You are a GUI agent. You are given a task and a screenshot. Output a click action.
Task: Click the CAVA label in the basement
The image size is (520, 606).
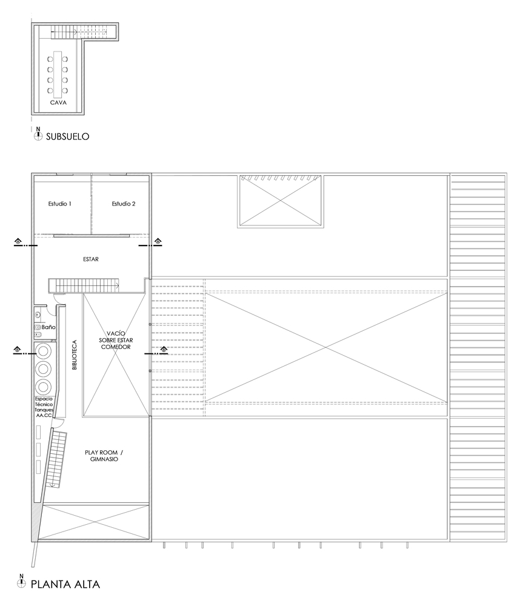coord(59,103)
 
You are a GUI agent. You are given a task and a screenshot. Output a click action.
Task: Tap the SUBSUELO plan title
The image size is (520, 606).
coord(67,137)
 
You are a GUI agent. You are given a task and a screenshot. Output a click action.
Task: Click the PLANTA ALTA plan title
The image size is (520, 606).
coord(65,585)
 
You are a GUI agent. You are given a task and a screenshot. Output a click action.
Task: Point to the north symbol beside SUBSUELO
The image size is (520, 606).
coord(38,136)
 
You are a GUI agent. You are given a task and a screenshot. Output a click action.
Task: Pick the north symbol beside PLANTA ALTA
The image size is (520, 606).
coord(22,584)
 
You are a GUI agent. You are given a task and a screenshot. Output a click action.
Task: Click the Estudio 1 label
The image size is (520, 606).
coord(60,204)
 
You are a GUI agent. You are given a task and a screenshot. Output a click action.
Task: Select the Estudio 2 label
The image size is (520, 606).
coord(124,204)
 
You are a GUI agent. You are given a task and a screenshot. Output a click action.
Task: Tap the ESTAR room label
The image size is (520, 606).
coord(91,259)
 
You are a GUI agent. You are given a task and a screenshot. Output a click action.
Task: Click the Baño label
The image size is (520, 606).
coord(49,328)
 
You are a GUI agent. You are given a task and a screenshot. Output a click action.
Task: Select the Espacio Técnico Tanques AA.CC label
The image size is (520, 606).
coord(44,407)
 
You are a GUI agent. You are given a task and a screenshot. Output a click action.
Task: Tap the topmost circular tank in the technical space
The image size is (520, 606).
coord(43,351)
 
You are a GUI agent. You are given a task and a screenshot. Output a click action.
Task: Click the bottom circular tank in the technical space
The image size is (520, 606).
coord(43,387)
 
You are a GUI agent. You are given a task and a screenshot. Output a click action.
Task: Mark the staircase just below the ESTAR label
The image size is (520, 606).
coord(84,285)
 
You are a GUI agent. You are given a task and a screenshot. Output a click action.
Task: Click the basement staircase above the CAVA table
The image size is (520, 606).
coord(79,30)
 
